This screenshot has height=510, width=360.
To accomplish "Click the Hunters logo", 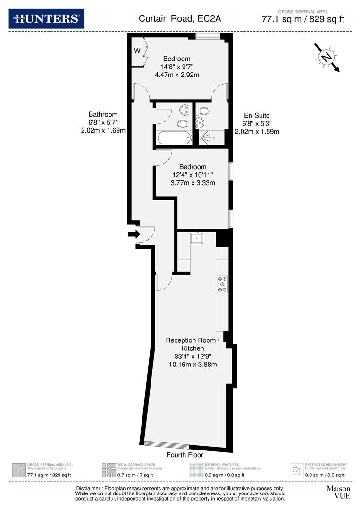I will click(x=47, y=19).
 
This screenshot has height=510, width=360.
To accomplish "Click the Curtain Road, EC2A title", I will click(x=180, y=19).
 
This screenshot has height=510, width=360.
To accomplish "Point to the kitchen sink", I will click(x=196, y=238).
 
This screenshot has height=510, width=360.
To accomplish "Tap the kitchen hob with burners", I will click(x=222, y=284).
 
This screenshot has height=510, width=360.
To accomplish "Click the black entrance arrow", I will click(x=134, y=233).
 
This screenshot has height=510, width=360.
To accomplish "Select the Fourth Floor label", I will click(x=185, y=455).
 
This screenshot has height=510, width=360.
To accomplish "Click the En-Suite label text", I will click(x=257, y=115).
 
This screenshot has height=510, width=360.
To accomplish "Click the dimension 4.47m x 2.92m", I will click(x=177, y=75).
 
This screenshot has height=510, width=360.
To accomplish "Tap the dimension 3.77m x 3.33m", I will click(x=193, y=183).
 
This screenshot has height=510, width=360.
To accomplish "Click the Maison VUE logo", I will click(x=338, y=492).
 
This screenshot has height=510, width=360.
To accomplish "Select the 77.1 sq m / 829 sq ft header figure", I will click(x=303, y=19).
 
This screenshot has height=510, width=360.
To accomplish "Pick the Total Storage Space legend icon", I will click(x=109, y=470).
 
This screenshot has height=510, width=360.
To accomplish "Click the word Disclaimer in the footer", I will click(x=90, y=488).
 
